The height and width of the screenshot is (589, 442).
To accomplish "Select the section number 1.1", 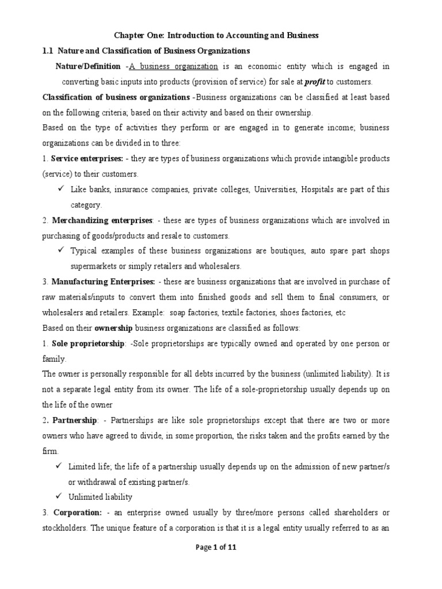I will pyautogui.click(x=48, y=51).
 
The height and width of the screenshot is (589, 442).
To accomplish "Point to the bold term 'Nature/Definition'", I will pyautogui.click(x=88, y=67).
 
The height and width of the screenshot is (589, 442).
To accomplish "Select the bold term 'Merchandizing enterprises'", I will pyautogui.click(x=102, y=220).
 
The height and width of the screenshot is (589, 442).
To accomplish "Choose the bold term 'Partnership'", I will pyautogui.click(x=74, y=420).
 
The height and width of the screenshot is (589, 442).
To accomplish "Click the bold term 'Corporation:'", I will pyautogui.click(x=78, y=512).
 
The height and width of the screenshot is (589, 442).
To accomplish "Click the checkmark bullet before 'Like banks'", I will pyautogui.click(x=60, y=189).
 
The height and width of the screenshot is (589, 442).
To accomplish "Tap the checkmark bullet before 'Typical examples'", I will pyautogui.click(x=60, y=251).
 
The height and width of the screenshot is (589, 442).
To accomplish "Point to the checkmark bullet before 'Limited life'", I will pyautogui.click(x=60, y=466).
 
